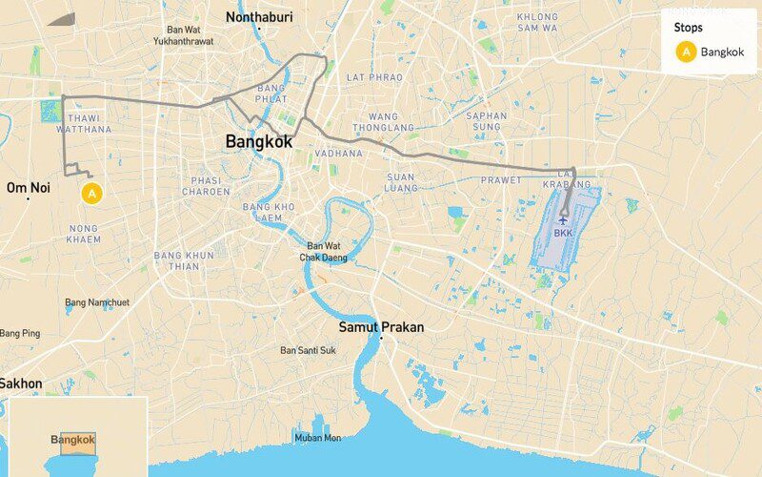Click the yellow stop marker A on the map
click(x=91, y=194)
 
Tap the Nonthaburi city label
click(x=259, y=17)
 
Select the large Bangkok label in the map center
click(x=259, y=141)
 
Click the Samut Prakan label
click(x=381, y=327)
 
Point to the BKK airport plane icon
click(x=563, y=221)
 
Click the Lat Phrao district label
click(x=368, y=76)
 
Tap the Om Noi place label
click(x=28, y=188)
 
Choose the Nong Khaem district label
click(x=84, y=234)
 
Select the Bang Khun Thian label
click(x=184, y=261)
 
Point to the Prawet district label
click(x=501, y=179)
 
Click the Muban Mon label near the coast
click(x=317, y=438)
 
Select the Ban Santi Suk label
click(x=308, y=350)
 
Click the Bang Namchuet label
click(x=96, y=302)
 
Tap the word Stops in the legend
click(x=688, y=28)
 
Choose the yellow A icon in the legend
click(x=686, y=52)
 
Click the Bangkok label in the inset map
click(x=73, y=440)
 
